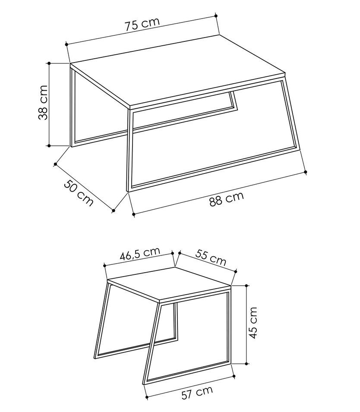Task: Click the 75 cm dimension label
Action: tap(142, 24)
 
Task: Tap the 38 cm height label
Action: tap(43, 103)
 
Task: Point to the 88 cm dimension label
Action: tap(227, 199)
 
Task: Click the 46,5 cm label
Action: tap(140, 253)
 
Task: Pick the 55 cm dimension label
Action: tap(211, 258)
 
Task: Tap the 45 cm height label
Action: tap(253, 323)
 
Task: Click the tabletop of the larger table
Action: tap(178, 72)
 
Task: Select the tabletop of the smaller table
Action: tap(169, 284)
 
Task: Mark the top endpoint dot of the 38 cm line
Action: tap(49, 63)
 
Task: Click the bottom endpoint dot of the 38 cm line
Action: tap(49, 145)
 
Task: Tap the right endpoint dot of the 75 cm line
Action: tap(216, 16)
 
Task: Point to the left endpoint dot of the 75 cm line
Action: tap(66, 44)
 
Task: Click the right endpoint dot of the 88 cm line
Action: tap(305, 172)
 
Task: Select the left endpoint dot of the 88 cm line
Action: tap(133, 214)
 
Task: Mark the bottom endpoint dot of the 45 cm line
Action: tap(246, 364)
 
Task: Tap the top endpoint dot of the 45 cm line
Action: tap(246, 285)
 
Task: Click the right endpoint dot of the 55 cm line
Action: tap(235, 271)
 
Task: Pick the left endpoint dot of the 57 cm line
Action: tap(146, 397)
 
